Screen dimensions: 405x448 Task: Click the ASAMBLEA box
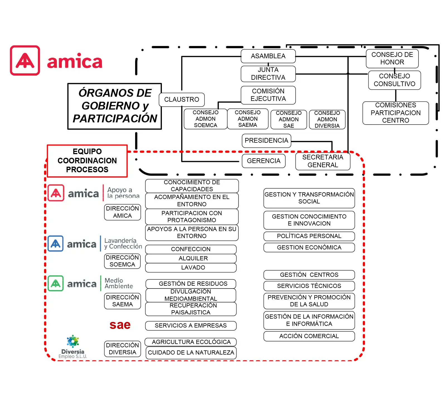(x=268, y=56)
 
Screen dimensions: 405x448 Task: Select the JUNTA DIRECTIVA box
(x=268, y=74)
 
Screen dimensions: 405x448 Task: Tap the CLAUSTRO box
(x=182, y=100)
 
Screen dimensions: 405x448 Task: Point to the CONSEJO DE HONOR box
(x=392, y=59)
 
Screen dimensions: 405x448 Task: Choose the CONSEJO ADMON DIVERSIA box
(x=327, y=120)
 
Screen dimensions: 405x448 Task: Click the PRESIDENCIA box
(x=266, y=141)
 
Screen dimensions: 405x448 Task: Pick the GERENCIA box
(x=264, y=161)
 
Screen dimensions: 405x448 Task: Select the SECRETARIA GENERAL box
(x=323, y=161)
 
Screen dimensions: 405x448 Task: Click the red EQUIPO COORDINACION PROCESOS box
(x=87, y=161)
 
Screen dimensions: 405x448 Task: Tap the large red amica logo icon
(x=25, y=60)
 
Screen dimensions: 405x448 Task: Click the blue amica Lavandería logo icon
(x=55, y=244)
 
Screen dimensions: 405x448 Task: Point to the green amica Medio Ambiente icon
(x=55, y=283)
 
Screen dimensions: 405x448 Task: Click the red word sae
(x=120, y=325)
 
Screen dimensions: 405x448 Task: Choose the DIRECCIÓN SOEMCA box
(x=122, y=261)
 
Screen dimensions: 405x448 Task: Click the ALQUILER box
(x=191, y=258)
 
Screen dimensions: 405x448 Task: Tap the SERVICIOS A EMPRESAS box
(x=191, y=326)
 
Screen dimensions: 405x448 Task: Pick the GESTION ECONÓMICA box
(x=309, y=248)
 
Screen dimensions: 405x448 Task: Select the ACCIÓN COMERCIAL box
(x=309, y=336)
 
